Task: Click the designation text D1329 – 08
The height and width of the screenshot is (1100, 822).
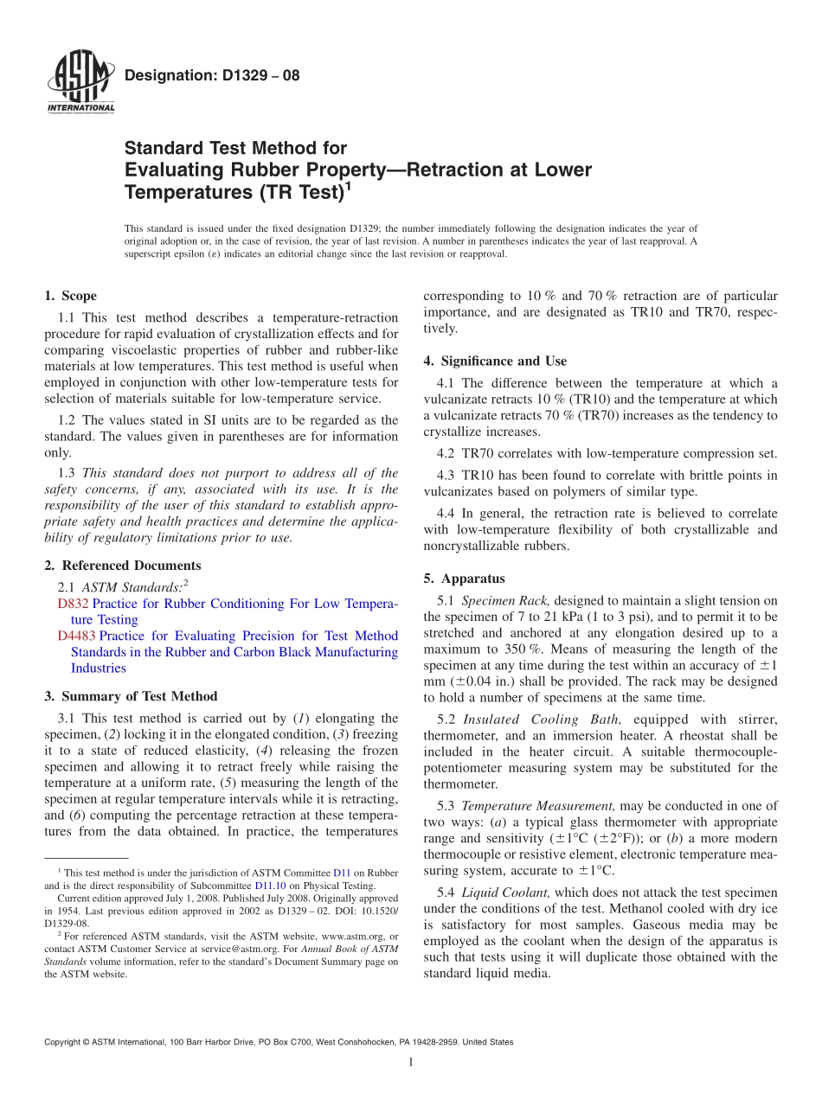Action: pyautogui.click(x=212, y=75)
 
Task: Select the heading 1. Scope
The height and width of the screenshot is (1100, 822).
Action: pyautogui.click(x=70, y=296)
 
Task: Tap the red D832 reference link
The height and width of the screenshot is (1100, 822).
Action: pyautogui.click(x=74, y=604)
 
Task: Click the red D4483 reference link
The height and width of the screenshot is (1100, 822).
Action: pyautogui.click(x=76, y=636)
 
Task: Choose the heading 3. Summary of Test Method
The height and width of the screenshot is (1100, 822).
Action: pyautogui.click(x=131, y=696)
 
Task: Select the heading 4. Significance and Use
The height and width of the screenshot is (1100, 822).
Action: pyautogui.click(x=495, y=361)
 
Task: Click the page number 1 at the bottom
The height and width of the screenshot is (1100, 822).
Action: pyautogui.click(x=411, y=1062)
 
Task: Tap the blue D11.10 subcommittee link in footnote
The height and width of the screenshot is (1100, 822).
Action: pyautogui.click(x=269, y=886)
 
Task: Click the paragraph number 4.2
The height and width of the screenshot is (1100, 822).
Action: pyautogui.click(x=447, y=453)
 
